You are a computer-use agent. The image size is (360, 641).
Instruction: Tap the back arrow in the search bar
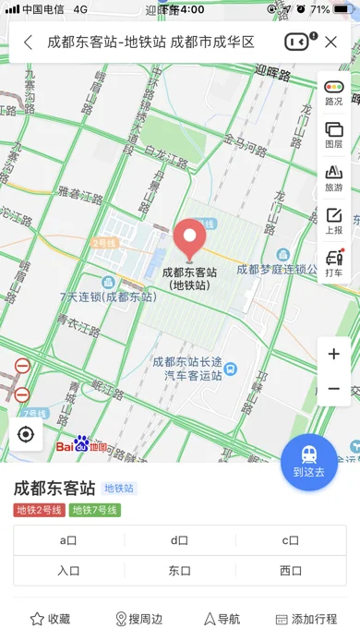29,42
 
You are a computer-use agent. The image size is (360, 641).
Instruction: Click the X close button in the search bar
330,42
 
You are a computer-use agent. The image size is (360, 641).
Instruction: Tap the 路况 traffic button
333,92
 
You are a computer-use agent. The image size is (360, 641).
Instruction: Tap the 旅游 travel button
333,177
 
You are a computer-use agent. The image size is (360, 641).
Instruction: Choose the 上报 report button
333,221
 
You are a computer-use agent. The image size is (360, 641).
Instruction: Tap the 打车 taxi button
333,263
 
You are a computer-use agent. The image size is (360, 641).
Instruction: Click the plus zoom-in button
333,354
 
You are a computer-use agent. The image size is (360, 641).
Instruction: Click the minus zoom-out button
333,389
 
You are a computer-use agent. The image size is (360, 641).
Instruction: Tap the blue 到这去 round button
309,461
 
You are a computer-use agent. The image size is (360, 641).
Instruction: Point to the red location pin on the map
189,239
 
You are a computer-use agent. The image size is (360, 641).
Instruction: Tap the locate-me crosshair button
26,434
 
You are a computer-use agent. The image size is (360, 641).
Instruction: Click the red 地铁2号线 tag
39,510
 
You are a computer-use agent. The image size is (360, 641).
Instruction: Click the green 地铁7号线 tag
94,510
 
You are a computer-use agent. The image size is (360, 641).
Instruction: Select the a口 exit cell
69,541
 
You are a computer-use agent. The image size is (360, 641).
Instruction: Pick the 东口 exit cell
180,571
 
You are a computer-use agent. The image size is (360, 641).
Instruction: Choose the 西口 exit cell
291,571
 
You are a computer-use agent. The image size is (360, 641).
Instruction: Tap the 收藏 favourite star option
50,619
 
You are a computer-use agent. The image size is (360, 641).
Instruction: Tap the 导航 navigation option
222,619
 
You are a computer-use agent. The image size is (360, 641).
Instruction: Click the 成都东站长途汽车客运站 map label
187,369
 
